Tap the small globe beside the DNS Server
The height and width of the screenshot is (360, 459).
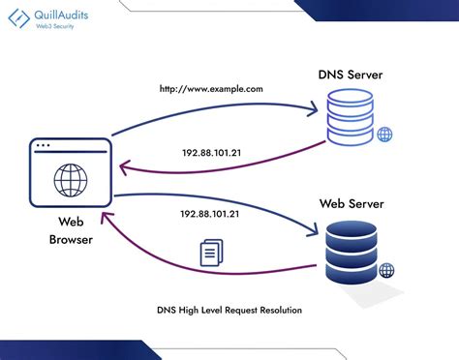(x=384, y=135)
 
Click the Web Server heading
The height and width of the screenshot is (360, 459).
(x=350, y=203)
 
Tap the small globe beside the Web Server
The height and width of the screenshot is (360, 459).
(x=386, y=270)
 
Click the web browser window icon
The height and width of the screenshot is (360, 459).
(x=69, y=174)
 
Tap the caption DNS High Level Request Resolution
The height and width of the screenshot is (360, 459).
(x=229, y=311)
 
